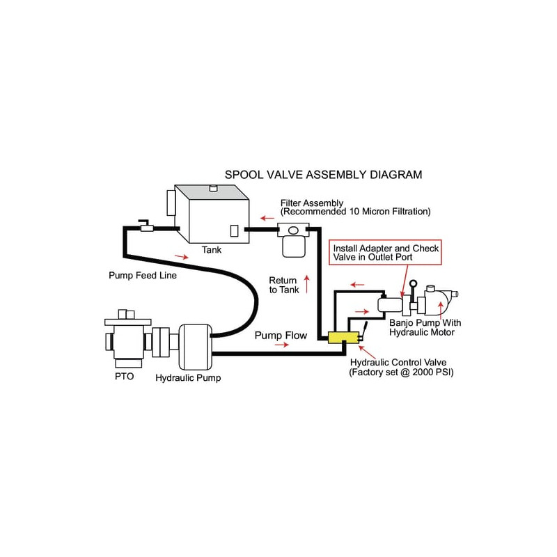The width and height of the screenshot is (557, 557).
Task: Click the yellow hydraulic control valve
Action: [x=343, y=338]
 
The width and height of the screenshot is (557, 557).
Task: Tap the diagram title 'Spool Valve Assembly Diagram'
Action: [x=322, y=175]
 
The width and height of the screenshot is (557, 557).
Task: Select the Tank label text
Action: [x=211, y=249]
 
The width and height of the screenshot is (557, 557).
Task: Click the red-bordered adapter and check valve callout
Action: [x=386, y=252]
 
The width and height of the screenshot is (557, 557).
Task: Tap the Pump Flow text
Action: [x=281, y=336]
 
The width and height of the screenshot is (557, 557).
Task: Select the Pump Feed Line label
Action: [x=143, y=275]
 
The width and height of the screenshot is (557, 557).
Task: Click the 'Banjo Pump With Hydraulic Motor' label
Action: [x=425, y=327]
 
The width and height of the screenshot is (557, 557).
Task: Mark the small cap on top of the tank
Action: [x=213, y=187]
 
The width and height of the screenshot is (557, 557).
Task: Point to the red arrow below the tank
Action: [x=180, y=257]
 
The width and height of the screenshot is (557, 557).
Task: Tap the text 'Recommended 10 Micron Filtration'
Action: [x=355, y=211]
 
